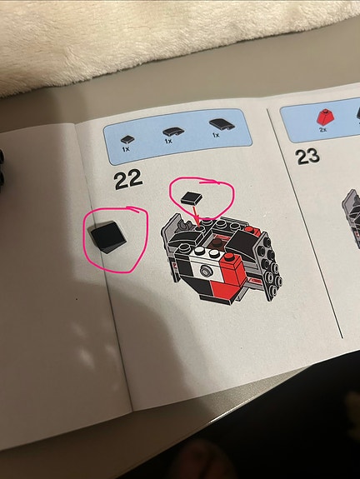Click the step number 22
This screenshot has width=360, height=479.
pyautogui.click(x=128, y=179)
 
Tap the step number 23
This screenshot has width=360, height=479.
pyautogui.click(x=307, y=157)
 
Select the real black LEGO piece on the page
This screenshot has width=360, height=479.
pyautogui.click(x=108, y=237)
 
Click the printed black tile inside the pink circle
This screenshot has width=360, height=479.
pyautogui.click(x=192, y=197)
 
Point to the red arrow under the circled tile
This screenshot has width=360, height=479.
pyautogui.click(x=196, y=215)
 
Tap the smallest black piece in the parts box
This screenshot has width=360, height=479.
pyautogui.click(x=127, y=140)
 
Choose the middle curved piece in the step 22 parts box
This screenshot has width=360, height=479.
pyautogui.click(x=173, y=132)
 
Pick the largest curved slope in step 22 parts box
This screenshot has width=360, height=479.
pyautogui.click(x=222, y=124)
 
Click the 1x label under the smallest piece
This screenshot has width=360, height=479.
pyautogui.click(x=126, y=149)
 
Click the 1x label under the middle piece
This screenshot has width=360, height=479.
pyautogui.click(x=168, y=141)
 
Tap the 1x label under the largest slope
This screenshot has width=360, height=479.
pyautogui.click(x=216, y=135)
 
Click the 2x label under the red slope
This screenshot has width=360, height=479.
pyautogui.click(x=322, y=129)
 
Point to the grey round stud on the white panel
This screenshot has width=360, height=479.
pyautogui.click(x=206, y=271)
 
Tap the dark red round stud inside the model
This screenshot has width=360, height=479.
pyautogui.click(x=217, y=243)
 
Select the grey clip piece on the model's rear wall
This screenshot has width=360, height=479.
pyautogui.click(x=183, y=224)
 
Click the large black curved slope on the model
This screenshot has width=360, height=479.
pyautogui.click(x=243, y=241)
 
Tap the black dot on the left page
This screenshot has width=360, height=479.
pyautogui.click(x=77, y=299)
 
